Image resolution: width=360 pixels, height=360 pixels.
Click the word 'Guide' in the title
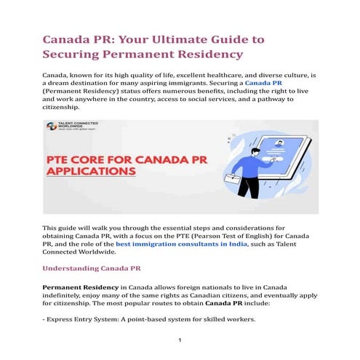click(x=228, y=37)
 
